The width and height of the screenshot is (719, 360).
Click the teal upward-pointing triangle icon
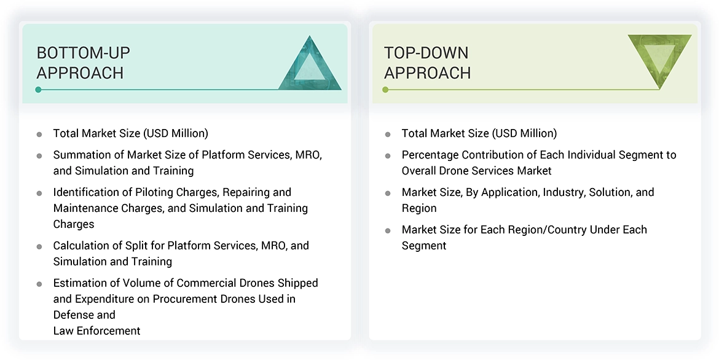pyautogui.click(x=310, y=66)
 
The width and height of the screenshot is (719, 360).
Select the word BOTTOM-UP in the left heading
pyautogui.click(x=83, y=53)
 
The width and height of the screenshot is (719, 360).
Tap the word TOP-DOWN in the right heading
pyautogui.click(x=426, y=53)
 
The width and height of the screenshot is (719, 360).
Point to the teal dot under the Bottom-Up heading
pyautogui.click(x=38, y=90)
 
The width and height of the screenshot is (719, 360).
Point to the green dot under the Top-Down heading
pyautogui.click(x=385, y=90)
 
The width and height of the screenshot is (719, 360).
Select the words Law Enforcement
pyautogui.click(x=96, y=331)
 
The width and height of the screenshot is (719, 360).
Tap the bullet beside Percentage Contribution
pyautogui.click(x=388, y=156)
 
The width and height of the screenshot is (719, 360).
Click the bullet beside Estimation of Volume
pyautogui.click(x=39, y=284)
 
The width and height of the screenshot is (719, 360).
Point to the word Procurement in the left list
pyautogui.click(x=181, y=299)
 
